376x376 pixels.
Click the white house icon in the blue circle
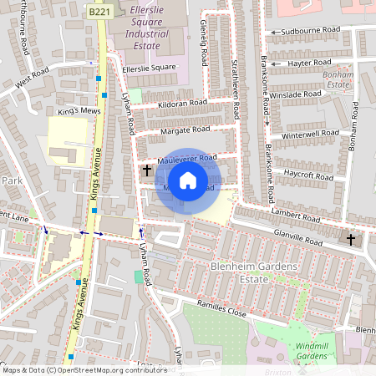point(188,180)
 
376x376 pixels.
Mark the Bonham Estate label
point(337,79)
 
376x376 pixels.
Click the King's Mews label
point(79,110)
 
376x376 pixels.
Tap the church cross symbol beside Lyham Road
point(147,170)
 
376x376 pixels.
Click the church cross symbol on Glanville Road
point(351,240)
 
